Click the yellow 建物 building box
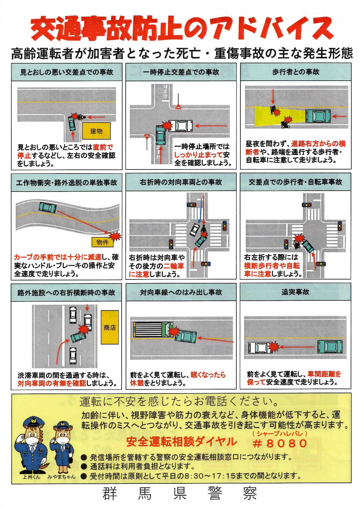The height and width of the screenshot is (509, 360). [x=96, y=131]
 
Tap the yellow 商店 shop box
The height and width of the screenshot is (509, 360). [x=110, y=327]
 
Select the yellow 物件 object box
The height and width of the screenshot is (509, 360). [x=102, y=242]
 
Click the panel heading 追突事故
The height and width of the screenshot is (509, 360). [x=295, y=292]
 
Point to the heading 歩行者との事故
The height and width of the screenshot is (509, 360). [x=296, y=72]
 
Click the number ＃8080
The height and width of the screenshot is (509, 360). [x=280, y=443]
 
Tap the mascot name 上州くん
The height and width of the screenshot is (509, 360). [x=31, y=476]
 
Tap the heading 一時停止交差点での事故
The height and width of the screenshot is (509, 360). [x=181, y=72]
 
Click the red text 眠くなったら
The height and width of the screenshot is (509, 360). [x=208, y=375]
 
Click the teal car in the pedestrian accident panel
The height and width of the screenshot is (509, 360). [x=318, y=116]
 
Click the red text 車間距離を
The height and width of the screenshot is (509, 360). [x=325, y=374]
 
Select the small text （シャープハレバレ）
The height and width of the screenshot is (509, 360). [x=280, y=434]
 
